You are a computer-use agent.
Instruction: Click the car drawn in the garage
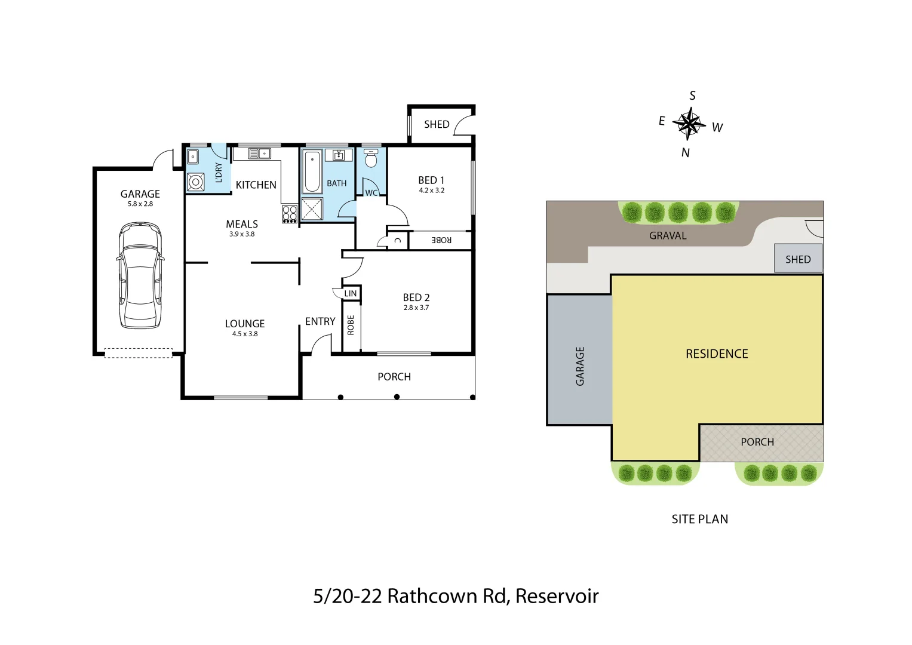(x=140, y=275)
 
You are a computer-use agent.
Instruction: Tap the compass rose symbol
(x=690, y=124)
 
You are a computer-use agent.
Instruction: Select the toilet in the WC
(x=371, y=159)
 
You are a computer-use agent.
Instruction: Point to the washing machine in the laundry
(x=195, y=182)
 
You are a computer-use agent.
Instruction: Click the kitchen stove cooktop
(x=290, y=214)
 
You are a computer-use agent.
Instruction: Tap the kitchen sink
(x=259, y=154)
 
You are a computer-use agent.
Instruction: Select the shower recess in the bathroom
(x=312, y=209)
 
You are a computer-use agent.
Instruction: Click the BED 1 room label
(x=431, y=180)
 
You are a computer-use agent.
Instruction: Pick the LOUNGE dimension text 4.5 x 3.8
(x=245, y=334)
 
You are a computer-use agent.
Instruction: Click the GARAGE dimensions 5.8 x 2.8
(x=140, y=204)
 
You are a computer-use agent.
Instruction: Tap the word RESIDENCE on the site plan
(x=717, y=354)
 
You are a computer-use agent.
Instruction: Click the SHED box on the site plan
(x=798, y=259)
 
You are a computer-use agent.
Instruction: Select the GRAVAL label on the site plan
(x=668, y=235)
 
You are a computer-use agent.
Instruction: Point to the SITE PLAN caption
(x=699, y=519)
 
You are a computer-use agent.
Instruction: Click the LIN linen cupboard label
(x=351, y=293)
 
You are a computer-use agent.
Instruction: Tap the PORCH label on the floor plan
(x=394, y=377)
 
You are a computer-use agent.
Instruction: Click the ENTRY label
(x=320, y=321)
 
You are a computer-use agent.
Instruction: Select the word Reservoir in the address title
(x=557, y=596)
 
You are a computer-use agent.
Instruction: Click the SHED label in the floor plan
(x=437, y=124)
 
